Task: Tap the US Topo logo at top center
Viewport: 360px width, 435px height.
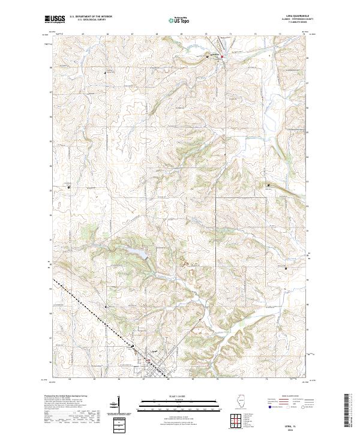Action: pyautogui.click(x=173, y=20)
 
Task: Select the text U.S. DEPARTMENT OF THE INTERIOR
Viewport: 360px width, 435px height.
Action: pyautogui.click(x=90, y=17)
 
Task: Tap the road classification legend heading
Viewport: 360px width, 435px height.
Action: pyautogui.click(x=292, y=397)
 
